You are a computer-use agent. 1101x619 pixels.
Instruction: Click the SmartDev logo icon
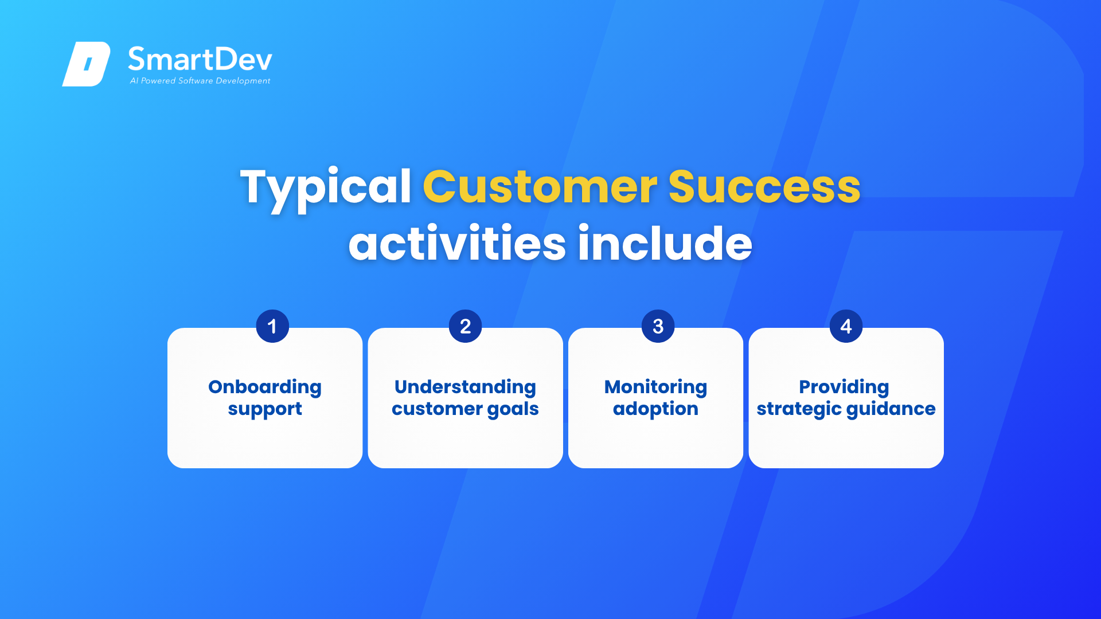pyautogui.click(x=86, y=64)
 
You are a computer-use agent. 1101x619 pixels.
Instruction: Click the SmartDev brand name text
pyautogui.click(x=200, y=59)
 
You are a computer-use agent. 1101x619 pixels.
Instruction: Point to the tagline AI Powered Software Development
pyautogui.click(x=200, y=81)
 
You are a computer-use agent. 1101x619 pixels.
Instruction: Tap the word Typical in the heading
pyautogui.click(x=326, y=189)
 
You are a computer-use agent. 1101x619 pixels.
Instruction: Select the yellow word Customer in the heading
pyautogui.click(x=540, y=187)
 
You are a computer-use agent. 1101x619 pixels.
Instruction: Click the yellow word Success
pyautogui.click(x=764, y=187)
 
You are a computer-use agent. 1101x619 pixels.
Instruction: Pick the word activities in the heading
pyautogui.click(x=457, y=243)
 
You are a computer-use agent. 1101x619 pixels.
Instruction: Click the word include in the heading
pyautogui.click(x=665, y=242)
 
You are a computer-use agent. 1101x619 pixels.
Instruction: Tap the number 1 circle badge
pyautogui.click(x=272, y=326)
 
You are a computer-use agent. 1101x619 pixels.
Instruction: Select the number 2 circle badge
pyautogui.click(x=465, y=326)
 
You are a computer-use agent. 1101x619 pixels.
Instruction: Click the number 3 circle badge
pyautogui.click(x=658, y=326)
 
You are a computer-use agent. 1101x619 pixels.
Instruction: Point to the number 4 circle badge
pyautogui.click(x=846, y=326)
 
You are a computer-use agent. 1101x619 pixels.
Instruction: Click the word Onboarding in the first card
pyautogui.click(x=265, y=387)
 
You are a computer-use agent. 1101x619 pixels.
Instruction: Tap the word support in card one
pyautogui.click(x=265, y=410)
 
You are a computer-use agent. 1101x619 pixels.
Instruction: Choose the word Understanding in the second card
pyautogui.click(x=465, y=387)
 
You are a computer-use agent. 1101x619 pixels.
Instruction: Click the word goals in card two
pyautogui.click(x=513, y=410)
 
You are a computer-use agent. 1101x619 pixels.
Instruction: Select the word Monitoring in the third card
pyautogui.click(x=655, y=387)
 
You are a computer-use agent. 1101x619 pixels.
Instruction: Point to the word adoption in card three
pyautogui.click(x=655, y=409)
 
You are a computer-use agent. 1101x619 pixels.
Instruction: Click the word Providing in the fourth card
pyautogui.click(x=844, y=387)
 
